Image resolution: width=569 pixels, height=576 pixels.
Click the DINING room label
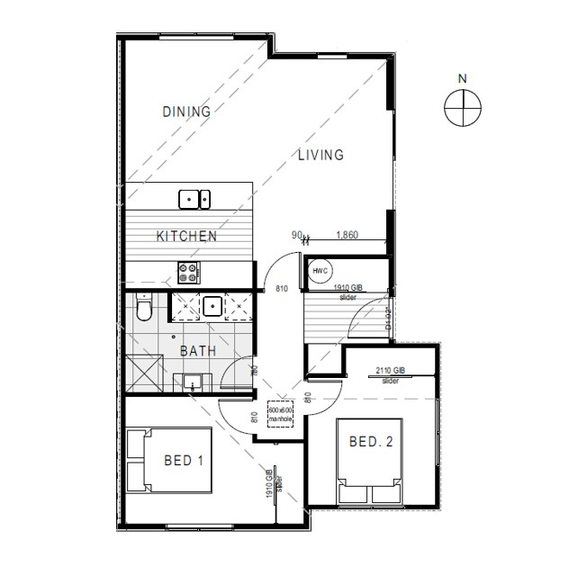point(186,112)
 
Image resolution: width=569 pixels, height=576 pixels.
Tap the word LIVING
point(321,155)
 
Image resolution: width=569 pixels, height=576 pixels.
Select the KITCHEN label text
point(186,237)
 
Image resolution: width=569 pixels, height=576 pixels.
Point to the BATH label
point(197,351)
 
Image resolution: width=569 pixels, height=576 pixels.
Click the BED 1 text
point(183,461)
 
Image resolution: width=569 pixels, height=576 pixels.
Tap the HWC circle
point(320,271)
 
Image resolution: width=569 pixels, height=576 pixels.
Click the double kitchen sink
point(194,197)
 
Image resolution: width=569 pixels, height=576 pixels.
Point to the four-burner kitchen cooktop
point(191,269)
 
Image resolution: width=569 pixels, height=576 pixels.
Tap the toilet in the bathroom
point(141,310)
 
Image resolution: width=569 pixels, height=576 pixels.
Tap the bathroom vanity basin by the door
point(192,382)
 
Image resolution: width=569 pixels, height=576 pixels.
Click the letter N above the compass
point(463,78)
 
